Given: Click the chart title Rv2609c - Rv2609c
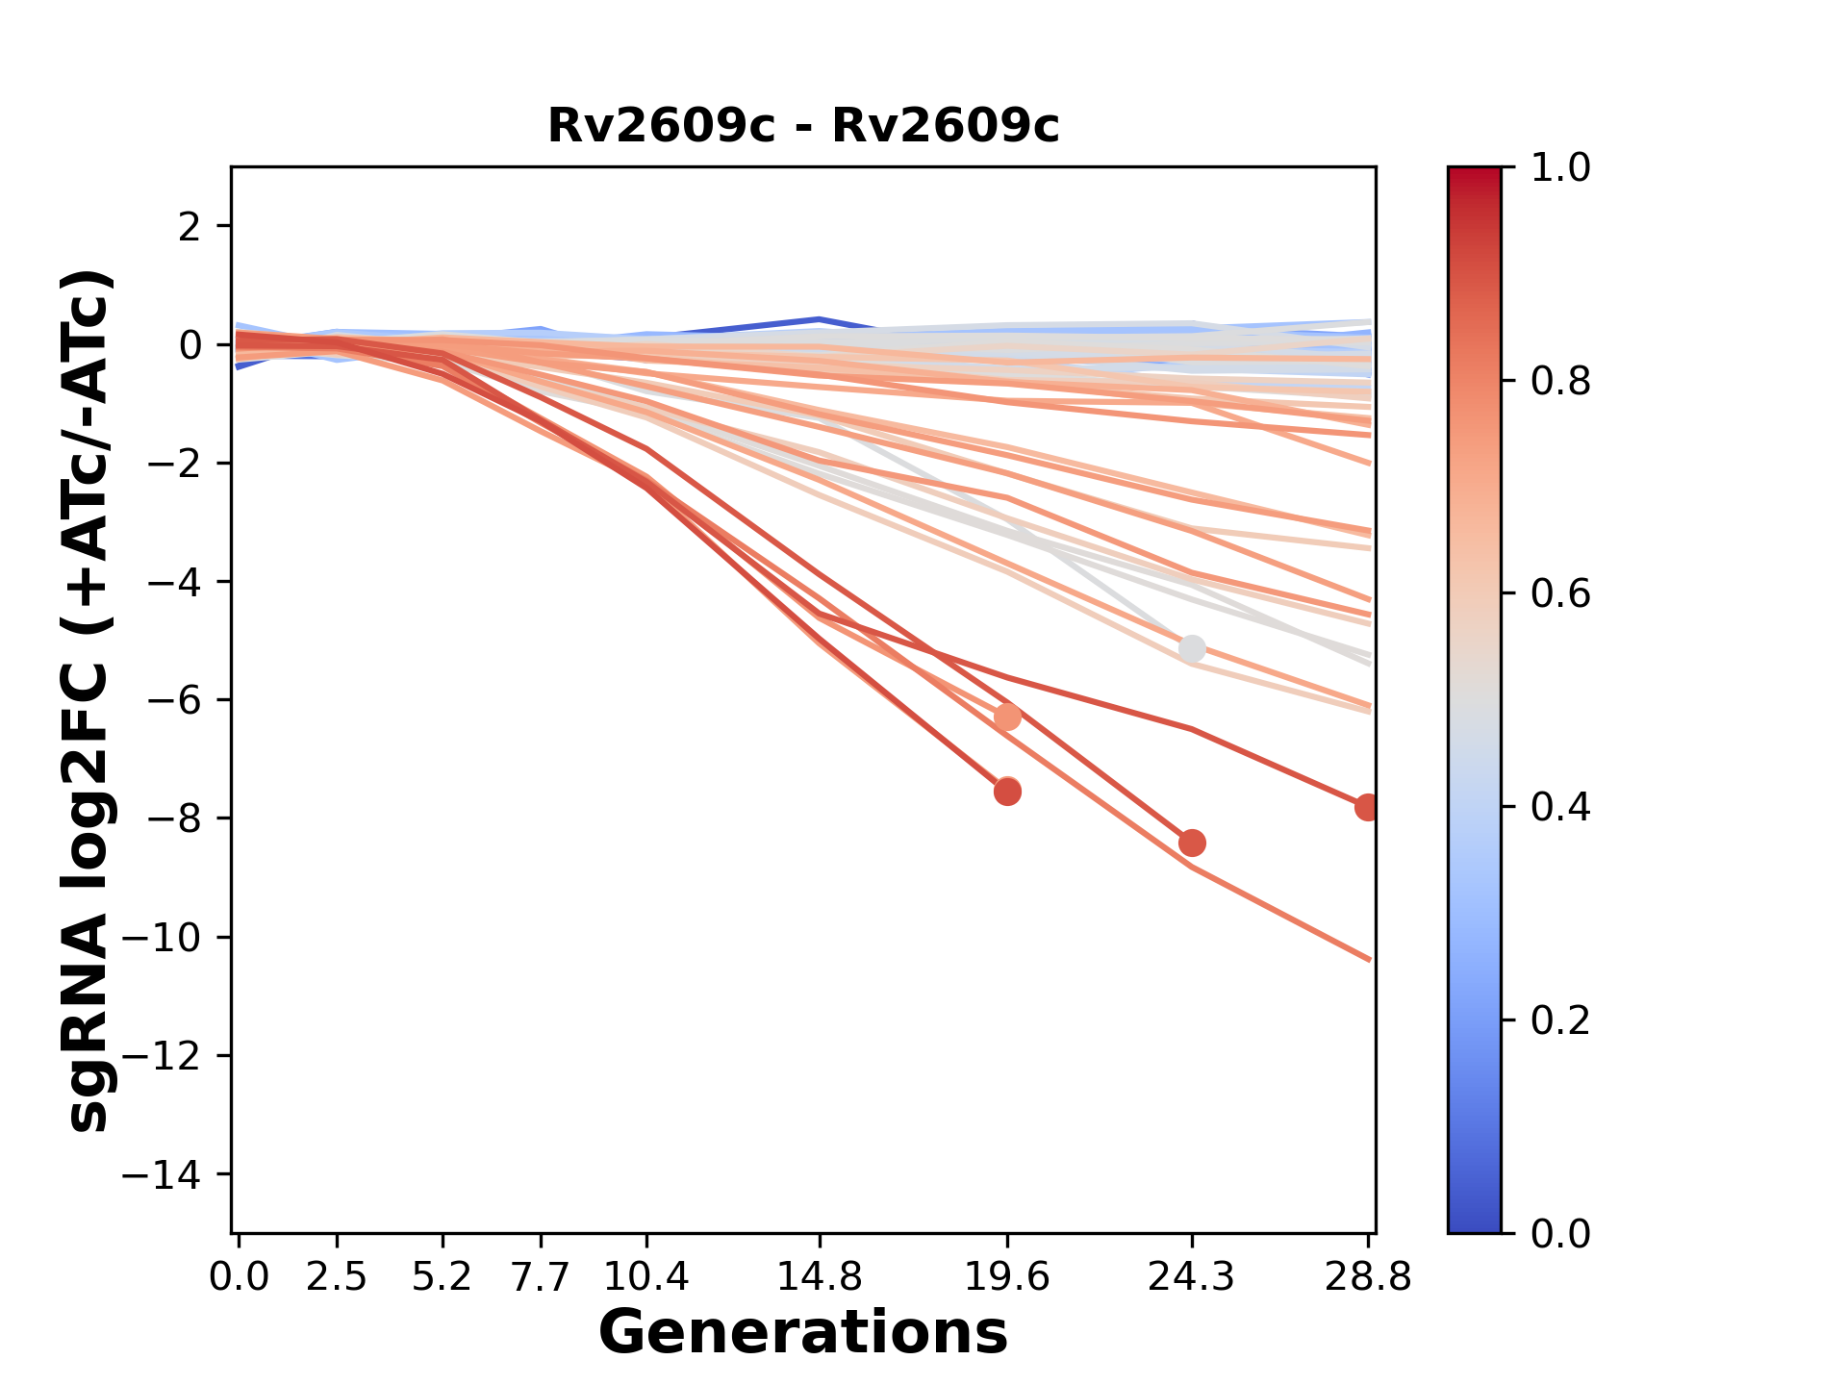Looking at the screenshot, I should (x=803, y=126).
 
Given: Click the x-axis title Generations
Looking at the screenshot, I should (x=803, y=1333).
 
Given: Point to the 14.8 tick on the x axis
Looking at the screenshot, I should (x=820, y=1277).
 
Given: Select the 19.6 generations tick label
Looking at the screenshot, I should (x=1007, y=1277).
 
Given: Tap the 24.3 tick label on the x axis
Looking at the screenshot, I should (x=1192, y=1277).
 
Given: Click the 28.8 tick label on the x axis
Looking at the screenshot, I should (x=1368, y=1277).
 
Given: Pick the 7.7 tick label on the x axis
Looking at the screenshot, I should (x=542, y=1277).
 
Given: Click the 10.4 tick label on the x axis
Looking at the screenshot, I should (x=646, y=1277).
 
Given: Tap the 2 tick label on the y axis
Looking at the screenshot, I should (x=190, y=227).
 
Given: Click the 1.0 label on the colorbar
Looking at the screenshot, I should (x=1560, y=168).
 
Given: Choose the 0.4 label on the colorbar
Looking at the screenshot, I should (x=1560, y=807).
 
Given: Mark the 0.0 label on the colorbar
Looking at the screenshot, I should (x=1560, y=1233).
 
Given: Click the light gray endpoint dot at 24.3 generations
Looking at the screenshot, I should (x=1192, y=649).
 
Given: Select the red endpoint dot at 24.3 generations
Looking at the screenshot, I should (x=1192, y=844).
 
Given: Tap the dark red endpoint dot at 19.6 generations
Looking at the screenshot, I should (x=1007, y=793).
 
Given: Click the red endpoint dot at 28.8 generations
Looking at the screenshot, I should (x=1367, y=808).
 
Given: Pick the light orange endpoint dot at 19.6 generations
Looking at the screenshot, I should (x=1007, y=718).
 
